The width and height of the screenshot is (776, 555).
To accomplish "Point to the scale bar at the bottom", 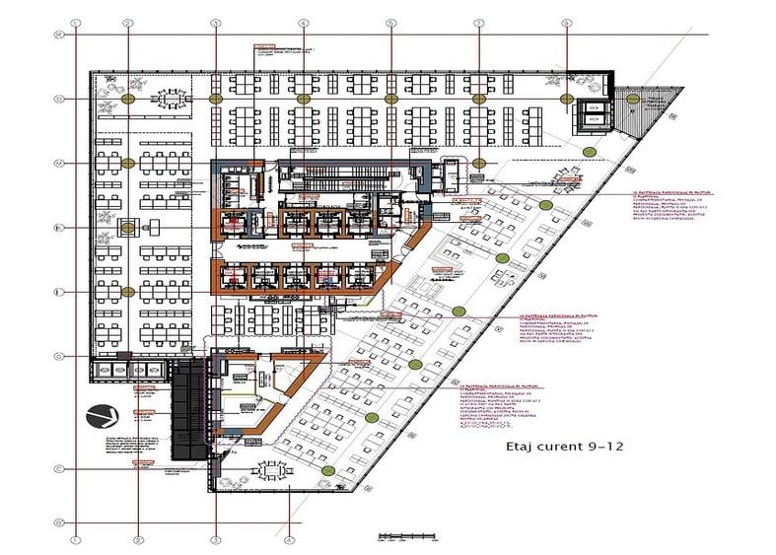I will pyautogui.click(x=400, y=537).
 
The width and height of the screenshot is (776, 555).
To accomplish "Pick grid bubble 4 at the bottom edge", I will pyautogui.click(x=289, y=539).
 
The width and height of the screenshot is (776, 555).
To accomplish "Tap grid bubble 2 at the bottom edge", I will pyautogui.click(x=139, y=539).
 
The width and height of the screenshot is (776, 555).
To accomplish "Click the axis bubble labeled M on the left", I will pyautogui.click(x=59, y=164).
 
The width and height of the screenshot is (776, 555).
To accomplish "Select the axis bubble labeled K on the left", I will pyautogui.click(x=59, y=229).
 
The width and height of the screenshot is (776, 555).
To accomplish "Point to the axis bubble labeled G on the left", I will pyautogui.click(x=59, y=357).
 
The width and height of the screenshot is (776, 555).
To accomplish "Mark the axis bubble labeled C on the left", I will pyautogui.click(x=59, y=470).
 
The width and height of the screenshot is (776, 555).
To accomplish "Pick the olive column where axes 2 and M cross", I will pyautogui.click(x=128, y=164).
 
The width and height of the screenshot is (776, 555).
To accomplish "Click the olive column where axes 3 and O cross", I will pyautogui.click(x=215, y=99).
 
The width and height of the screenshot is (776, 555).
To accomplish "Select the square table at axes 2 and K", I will pyautogui.click(x=128, y=229).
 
